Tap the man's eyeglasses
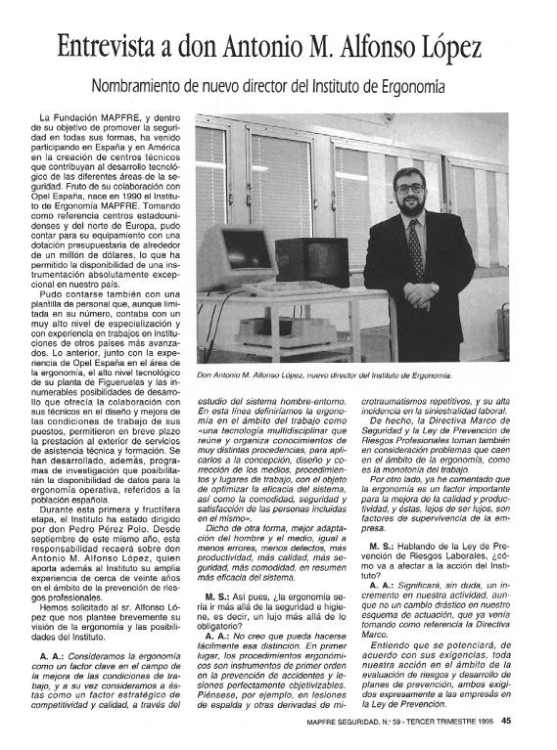coord(412,186)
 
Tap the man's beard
coord(413,203)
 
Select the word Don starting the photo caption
coord(206,375)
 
